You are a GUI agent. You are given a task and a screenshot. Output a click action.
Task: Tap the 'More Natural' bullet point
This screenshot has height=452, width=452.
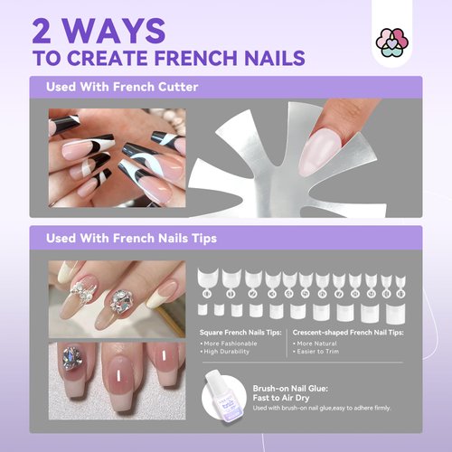(x=316, y=344)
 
